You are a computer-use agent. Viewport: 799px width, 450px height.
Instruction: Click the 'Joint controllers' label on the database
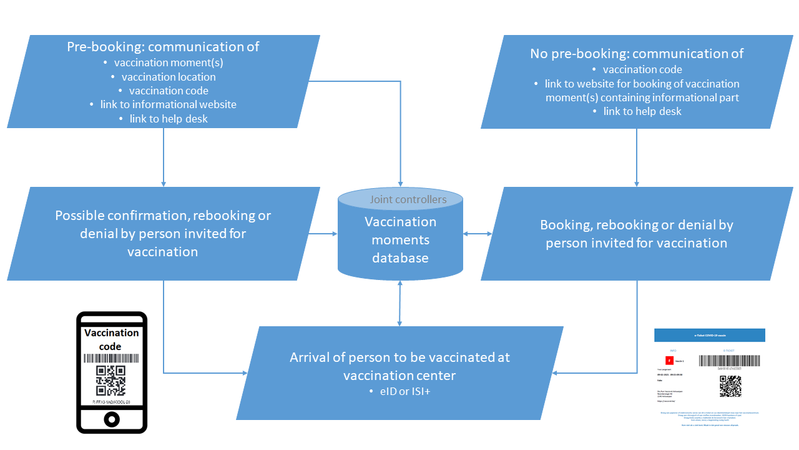click(408, 200)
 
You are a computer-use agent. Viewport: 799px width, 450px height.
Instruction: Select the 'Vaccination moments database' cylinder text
click(400, 240)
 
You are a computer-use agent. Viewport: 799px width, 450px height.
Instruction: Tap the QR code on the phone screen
click(111, 381)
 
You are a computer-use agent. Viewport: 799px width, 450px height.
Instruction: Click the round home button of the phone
click(112, 419)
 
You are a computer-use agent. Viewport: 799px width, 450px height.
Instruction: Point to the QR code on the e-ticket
click(730, 386)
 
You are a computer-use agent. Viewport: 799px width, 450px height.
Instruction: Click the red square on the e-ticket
click(669, 361)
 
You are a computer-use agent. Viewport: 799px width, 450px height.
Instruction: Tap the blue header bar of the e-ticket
click(709, 336)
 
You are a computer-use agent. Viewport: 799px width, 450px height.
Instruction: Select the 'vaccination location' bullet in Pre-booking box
click(169, 77)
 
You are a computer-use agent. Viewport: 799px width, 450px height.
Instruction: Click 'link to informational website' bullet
click(169, 104)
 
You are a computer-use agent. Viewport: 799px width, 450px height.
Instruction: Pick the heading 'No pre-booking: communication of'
click(637, 54)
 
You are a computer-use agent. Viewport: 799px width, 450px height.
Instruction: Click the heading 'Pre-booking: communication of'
click(163, 47)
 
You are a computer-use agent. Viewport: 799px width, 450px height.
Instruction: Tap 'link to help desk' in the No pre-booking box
click(642, 111)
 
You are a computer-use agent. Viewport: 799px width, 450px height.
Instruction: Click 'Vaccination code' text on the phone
click(111, 339)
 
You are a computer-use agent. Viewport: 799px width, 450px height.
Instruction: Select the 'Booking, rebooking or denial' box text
click(637, 234)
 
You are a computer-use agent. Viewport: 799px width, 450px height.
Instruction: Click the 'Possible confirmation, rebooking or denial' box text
click(163, 234)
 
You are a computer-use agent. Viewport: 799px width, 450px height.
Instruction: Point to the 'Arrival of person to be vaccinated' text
click(399, 366)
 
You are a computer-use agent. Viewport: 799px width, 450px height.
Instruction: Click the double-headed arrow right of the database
click(478, 234)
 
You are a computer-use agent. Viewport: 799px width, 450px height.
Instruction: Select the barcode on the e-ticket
click(730, 361)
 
